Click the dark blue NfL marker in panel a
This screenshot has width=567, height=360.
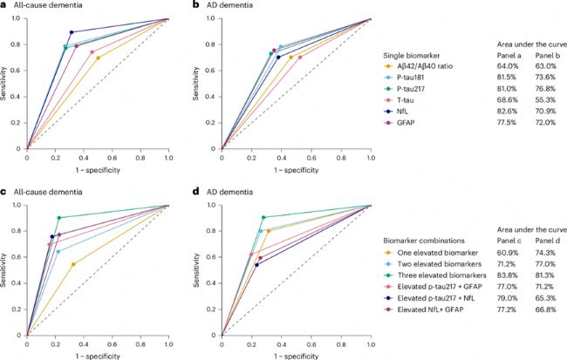pos(72,32)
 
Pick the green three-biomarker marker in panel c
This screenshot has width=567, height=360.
pos(59,218)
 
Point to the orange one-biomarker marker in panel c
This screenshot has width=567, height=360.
pos(73,264)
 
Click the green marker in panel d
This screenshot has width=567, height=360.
pos(263,217)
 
